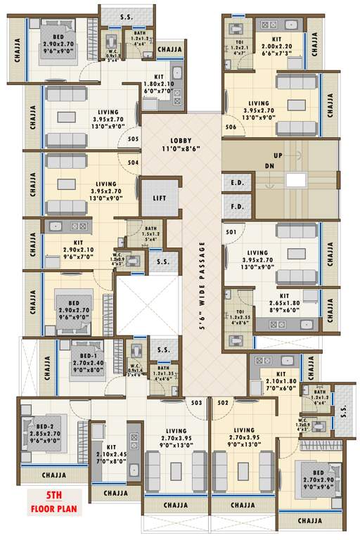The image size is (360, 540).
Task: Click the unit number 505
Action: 133,140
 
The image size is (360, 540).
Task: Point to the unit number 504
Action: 133,162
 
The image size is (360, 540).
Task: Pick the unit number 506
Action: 230,127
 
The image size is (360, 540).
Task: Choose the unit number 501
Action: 230,231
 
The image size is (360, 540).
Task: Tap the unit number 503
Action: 196,402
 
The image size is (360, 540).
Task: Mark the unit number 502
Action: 223,402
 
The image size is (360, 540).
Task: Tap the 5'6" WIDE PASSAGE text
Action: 202,286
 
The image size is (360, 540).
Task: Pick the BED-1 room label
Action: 89,360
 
